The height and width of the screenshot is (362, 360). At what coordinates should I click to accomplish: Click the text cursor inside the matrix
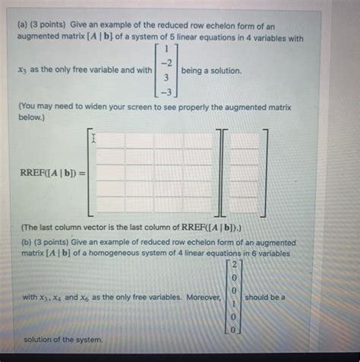click(93, 139)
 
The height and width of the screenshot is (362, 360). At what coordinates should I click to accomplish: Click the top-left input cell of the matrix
click(110, 140)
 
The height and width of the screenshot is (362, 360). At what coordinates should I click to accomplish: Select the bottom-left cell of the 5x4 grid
click(110, 203)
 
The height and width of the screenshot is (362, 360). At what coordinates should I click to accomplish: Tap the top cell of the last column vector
click(245, 140)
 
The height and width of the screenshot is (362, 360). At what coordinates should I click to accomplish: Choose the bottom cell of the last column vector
click(245, 203)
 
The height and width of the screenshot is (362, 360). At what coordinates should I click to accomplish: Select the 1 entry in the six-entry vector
click(235, 302)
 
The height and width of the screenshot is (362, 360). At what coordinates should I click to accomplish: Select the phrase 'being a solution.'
click(212, 71)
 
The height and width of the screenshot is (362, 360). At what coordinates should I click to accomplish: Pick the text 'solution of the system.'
click(62, 339)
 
